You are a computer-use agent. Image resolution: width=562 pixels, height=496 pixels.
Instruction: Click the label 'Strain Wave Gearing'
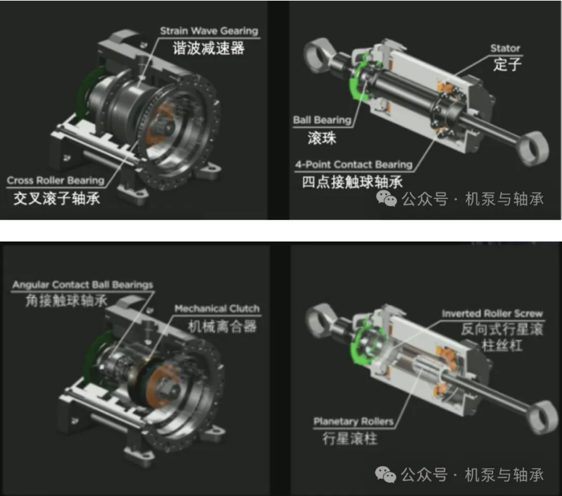click(209, 31)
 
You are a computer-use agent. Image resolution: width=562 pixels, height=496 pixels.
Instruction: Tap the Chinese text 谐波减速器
click(209, 48)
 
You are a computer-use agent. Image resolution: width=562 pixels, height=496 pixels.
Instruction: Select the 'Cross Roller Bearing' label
click(56, 180)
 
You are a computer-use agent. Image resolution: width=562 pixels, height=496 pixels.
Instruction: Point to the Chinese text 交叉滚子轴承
click(56, 198)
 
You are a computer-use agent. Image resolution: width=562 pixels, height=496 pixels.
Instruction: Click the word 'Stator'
click(505, 48)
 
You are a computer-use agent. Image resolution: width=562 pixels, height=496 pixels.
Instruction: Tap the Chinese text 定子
click(507, 64)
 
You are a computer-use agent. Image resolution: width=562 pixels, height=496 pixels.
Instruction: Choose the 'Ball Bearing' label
click(322, 120)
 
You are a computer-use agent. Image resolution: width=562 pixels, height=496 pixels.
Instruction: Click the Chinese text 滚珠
click(322, 138)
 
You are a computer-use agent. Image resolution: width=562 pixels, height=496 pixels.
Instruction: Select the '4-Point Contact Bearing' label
click(353, 165)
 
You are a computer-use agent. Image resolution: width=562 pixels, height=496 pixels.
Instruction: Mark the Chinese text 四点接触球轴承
click(352, 182)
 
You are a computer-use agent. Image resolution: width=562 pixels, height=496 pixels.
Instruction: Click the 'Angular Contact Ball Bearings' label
click(83, 285)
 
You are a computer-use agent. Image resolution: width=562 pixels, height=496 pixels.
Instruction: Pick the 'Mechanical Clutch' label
click(217, 309)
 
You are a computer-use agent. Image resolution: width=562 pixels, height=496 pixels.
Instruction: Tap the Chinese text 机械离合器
click(222, 326)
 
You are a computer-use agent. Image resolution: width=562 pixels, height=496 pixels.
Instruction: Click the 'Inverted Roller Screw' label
click(492, 314)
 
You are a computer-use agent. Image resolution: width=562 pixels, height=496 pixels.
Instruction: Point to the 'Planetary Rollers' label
click(353, 422)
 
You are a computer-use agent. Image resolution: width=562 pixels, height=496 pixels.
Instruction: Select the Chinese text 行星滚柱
click(350, 438)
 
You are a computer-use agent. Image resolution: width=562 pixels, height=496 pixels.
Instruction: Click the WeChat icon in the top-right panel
click(387, 198)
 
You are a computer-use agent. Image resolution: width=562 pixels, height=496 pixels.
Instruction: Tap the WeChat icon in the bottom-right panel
click(386, 474)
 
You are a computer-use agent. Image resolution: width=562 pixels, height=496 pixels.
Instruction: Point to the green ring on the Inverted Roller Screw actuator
click(356, 343)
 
